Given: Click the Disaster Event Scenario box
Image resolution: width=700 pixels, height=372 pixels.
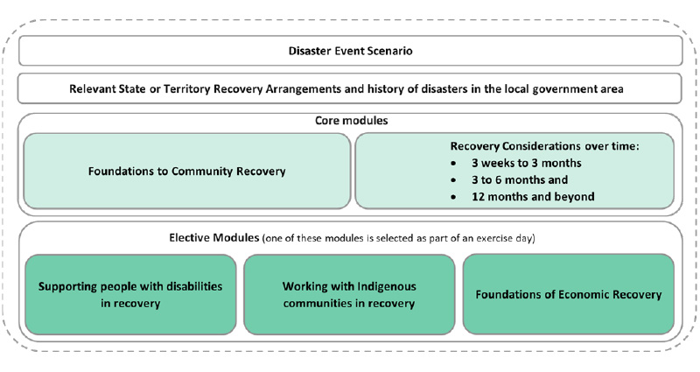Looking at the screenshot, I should point(350,51).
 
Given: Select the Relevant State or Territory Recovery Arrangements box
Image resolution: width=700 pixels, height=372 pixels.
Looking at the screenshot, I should point(350,88).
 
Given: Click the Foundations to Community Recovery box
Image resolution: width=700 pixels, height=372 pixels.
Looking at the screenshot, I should point(186,171).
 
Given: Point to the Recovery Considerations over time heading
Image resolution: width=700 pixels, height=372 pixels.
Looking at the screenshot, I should point(544,145).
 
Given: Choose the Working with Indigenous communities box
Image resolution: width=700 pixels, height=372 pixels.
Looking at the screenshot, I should point(348,294).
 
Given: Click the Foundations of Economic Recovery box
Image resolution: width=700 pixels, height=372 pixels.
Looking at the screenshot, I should point(568,294).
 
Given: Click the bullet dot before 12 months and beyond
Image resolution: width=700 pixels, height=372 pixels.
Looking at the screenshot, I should point(452,198).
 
